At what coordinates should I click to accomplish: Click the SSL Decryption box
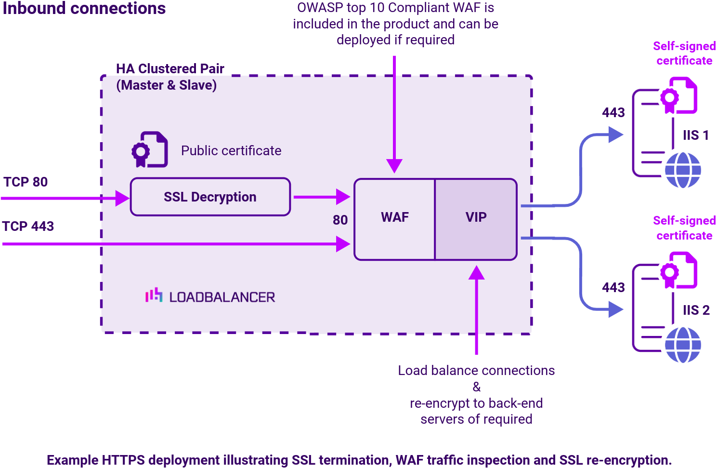210,197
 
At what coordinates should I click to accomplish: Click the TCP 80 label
26,182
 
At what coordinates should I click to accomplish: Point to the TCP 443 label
28,227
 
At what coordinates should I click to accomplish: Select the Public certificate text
231,151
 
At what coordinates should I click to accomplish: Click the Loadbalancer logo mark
154,295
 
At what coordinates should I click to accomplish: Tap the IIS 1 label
696,135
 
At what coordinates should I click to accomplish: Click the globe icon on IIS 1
683,170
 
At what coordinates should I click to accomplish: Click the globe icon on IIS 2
683,345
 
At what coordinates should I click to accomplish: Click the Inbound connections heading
84,9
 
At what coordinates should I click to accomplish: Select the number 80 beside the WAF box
340,220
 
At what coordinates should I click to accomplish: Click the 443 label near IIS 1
613,113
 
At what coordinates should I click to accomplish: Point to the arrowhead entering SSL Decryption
122,198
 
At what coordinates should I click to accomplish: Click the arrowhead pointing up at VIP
476,273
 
